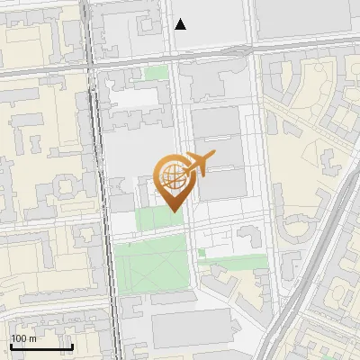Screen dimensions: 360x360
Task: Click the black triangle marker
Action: pos(181,24)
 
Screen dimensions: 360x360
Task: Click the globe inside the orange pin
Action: pos(171,175)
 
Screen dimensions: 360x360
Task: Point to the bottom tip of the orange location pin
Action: pos(171,211)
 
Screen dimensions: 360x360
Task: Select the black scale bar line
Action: pos(40,346)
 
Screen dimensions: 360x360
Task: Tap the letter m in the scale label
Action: pos(32,337)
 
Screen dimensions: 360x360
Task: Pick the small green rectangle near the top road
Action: pos(157,73)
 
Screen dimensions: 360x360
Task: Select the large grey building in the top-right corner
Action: pos(306,18)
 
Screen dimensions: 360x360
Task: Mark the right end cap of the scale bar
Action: pos(72,346)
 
